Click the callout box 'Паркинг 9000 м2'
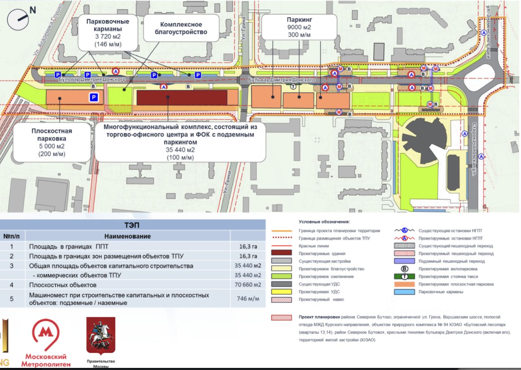[299, 27]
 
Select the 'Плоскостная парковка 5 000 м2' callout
[52, 142]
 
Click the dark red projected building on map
[182, 98]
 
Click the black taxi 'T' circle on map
[293, 86]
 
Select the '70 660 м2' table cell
[247, 285]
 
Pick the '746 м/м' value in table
[247, 299]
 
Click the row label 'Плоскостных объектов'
[63, 285]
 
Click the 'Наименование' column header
[127, 236]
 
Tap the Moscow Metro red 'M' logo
[46, 334]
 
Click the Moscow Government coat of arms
[101, 335]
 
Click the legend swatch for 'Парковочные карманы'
[405, 292]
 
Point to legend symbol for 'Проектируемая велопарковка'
[405, 269]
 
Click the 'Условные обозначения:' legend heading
[324, 222]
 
